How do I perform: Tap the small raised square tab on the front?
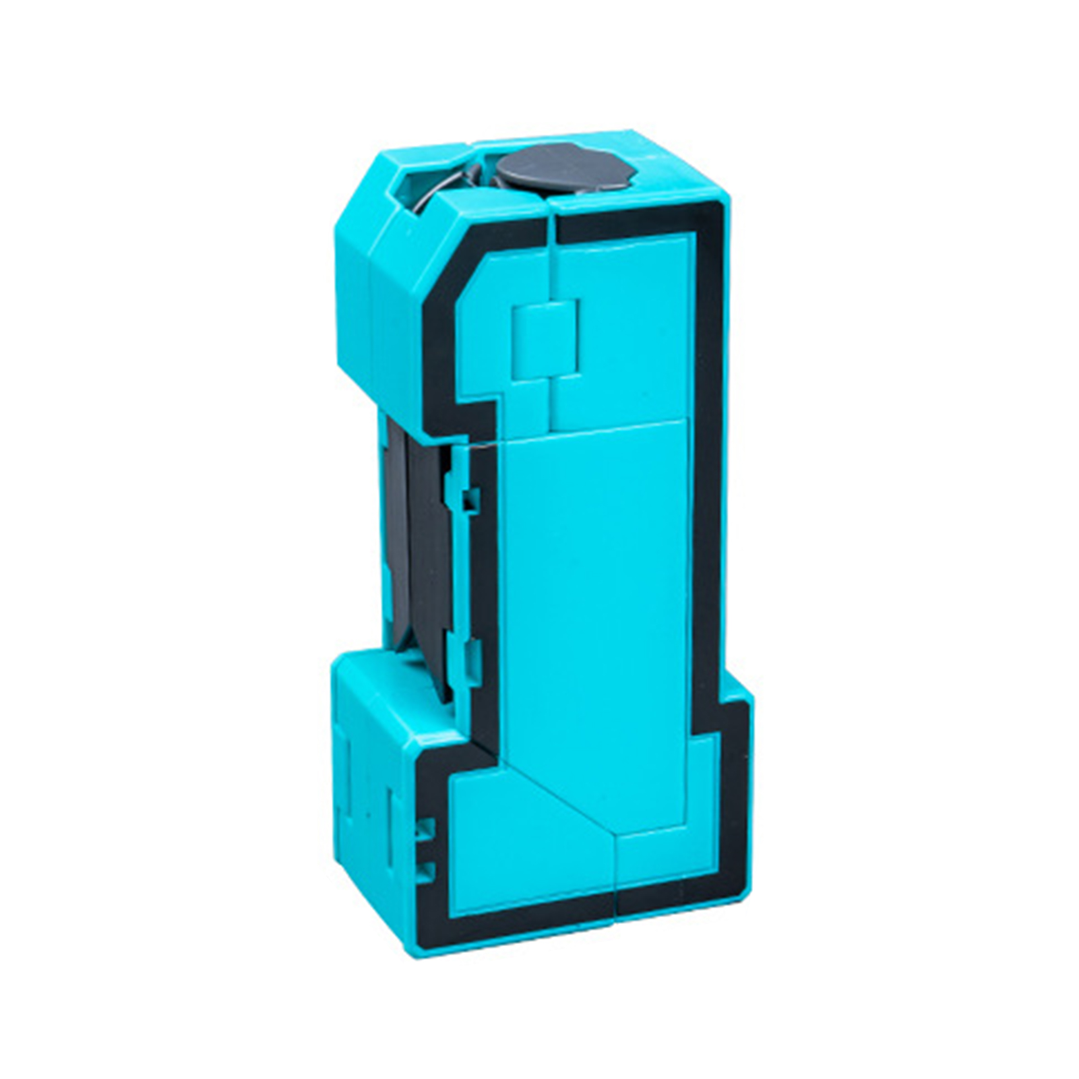[546, 337]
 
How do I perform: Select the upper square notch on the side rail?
[470, 499]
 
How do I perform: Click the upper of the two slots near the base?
[425, 830]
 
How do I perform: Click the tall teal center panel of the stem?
[593, 607]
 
